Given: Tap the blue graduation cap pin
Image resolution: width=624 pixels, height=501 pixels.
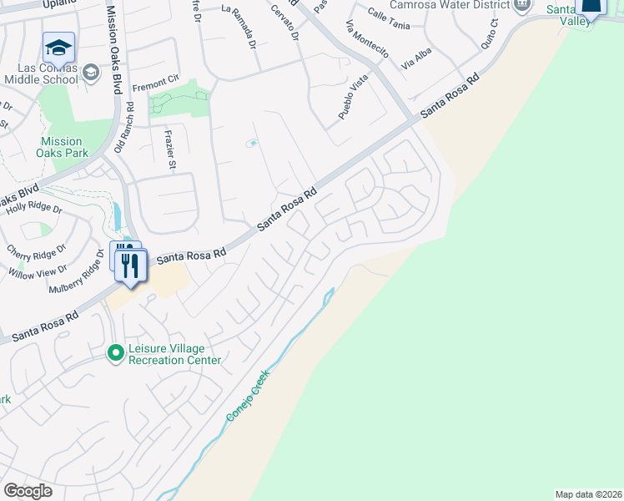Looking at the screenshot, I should (x=58, y=47).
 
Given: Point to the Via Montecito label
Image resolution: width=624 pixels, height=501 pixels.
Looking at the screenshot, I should (x=366, y=38).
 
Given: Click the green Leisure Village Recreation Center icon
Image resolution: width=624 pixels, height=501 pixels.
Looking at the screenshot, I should (x=118, y=354).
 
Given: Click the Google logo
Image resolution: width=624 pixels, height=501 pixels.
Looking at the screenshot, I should (x=28, y=491).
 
